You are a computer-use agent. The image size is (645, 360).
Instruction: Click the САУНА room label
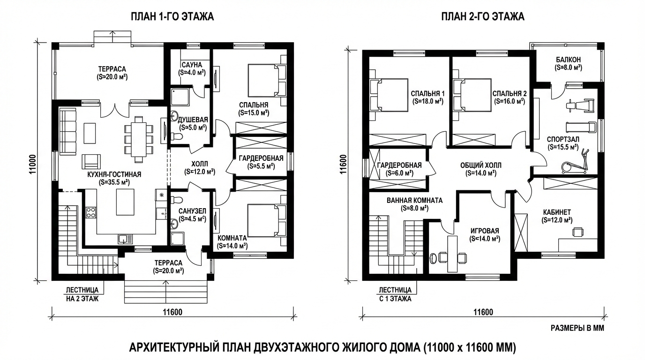point(192,65)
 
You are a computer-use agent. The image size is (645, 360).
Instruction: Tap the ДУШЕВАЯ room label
point(193,120)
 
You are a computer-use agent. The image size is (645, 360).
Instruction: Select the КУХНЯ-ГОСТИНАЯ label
point(114,174)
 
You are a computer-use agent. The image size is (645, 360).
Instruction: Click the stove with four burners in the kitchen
point(91,212)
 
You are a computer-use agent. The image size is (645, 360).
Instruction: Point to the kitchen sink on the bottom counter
point(126,239)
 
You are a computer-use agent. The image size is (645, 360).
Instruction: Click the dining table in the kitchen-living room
point(138,140)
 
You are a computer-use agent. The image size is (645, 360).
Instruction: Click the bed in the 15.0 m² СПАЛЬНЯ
point(267,80)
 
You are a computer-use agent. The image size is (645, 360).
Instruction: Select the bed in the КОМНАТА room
point(267,221)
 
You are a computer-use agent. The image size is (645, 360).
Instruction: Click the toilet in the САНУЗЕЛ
point(176,200)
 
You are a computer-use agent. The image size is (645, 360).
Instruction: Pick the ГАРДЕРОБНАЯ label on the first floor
point(261,158)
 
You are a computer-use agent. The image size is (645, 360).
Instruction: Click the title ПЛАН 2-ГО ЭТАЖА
point(483,17)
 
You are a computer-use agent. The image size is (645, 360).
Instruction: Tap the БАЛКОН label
point(568,60)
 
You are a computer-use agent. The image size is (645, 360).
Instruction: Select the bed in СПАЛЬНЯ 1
point(389,95)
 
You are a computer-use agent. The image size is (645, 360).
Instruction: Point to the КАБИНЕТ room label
point(557,212)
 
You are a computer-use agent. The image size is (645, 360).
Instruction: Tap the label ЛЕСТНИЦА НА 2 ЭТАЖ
point(82,294)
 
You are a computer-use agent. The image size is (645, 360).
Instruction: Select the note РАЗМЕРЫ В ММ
point(577,328)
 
